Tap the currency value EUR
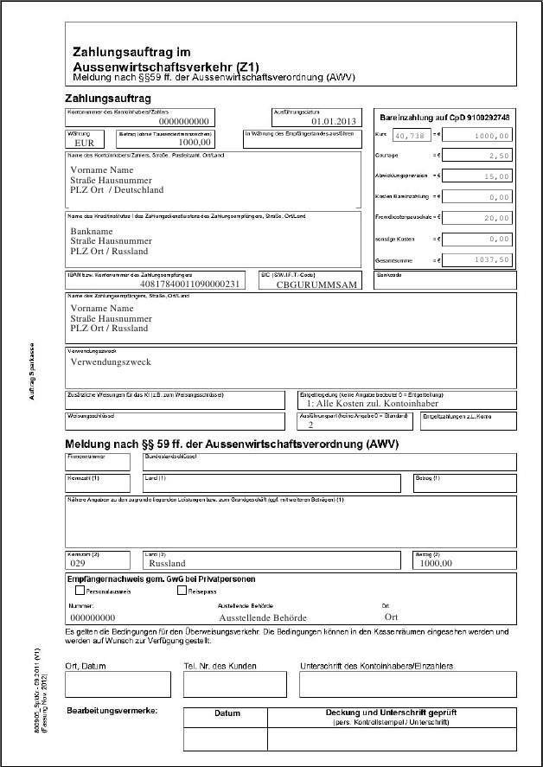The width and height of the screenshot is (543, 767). [x=84, y=144]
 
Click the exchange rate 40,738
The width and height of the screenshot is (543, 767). [x=409, y=136]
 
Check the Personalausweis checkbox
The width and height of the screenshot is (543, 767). [x=80, y=591]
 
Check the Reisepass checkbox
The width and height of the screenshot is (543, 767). [x=182, y=591]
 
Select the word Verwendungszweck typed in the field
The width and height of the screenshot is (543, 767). [x=111, y=361]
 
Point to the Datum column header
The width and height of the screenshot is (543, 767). [x=227, y=713]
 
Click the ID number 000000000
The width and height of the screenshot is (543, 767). [x=93, y=618]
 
